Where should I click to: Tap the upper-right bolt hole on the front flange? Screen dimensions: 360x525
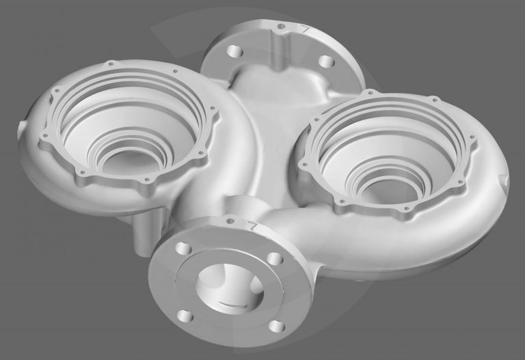(273, 259)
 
